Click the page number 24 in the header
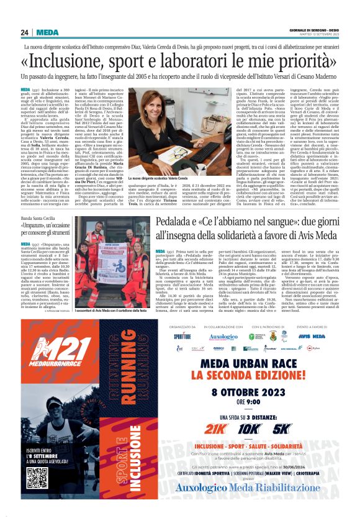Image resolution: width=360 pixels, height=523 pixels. tap(24, 32)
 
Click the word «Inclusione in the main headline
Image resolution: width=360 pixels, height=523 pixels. tap(75, 61)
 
